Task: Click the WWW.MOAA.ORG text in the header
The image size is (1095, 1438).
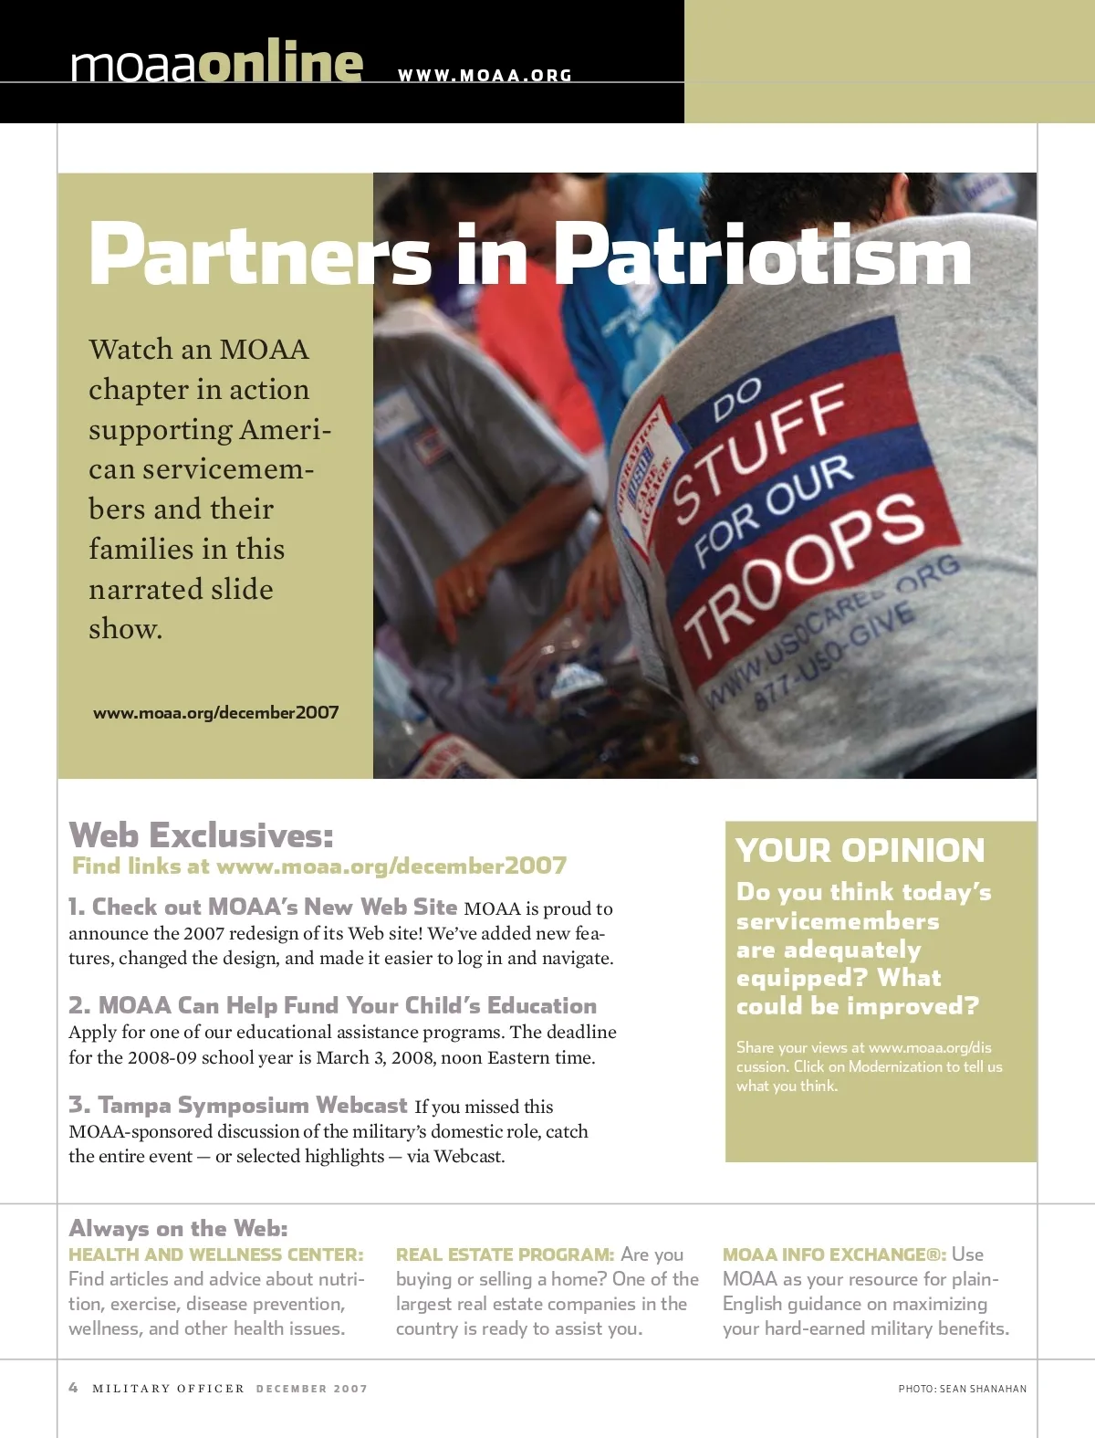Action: tap(485, 76)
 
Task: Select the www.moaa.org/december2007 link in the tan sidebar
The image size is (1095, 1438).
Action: tap(215, 713)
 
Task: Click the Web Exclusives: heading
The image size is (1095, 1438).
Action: tap(202, 835)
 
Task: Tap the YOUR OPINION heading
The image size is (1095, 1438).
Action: tap(860, 851)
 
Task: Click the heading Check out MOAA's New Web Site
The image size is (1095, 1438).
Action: tap(263, 908)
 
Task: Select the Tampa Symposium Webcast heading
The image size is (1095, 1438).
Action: tap(238, 1106)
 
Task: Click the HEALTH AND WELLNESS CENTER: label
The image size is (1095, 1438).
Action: tap(216, 1255)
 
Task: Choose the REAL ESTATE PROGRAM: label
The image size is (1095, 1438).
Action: tap(505, 1255)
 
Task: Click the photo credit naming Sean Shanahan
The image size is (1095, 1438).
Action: tap(962, 1389)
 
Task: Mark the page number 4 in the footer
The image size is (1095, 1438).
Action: tap(74, 1388)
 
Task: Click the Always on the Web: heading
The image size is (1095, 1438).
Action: tap(179, 1228)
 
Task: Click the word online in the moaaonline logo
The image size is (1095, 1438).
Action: tap(280, 64)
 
